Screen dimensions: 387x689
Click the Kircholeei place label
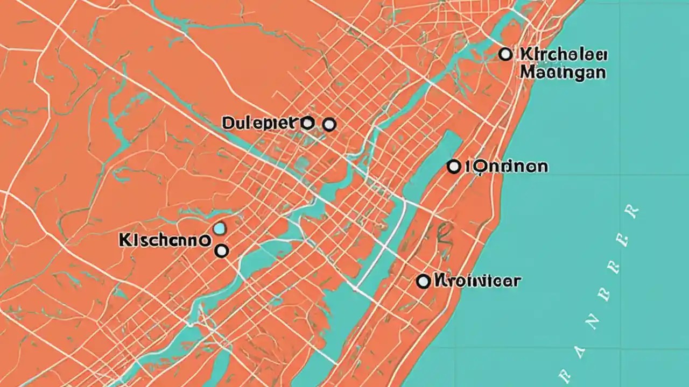pos(564,54)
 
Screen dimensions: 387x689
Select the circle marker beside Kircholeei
pos(505,54)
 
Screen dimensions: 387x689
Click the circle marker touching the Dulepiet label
pos(307,123)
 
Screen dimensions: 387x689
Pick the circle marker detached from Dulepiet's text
pos(329,125)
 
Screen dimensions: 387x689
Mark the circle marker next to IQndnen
pos(454,167)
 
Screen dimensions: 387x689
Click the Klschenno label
pos(164,240)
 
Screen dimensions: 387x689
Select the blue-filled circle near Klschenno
pos(219,230)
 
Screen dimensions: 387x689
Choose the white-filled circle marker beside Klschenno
pos(221,250)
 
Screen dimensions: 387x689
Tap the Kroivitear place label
pos(477,280)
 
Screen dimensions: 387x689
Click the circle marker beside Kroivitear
pos(424,281)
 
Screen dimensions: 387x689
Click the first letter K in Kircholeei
pos(526,54)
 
